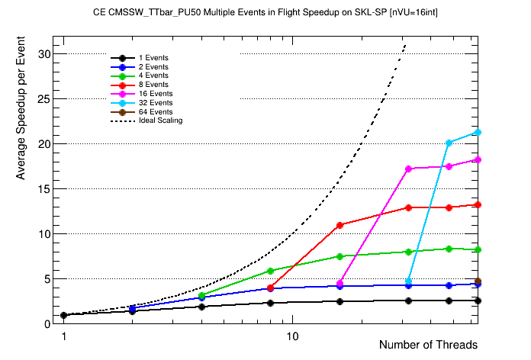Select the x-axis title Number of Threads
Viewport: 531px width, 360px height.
pyautogui.click(x=428, y=345)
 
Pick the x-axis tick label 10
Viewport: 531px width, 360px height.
pyautogui.click(x=292, y=336)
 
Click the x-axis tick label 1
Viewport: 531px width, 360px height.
pyautogui.click(x=64, y=336)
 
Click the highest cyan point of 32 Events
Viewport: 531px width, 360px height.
pyautogui.click(x=478, y=132)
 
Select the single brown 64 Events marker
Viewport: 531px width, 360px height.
pyautogui.click(x=478, y=281)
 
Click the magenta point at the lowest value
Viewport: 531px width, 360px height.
pyautogui.click(x=340, y=283)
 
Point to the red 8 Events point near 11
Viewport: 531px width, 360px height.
pyautogui.click(x=340, y=224)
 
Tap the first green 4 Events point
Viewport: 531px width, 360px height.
pyautogui.click(x=201, y=295)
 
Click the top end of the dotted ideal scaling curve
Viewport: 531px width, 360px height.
pyautogui.click(x=405, y=45)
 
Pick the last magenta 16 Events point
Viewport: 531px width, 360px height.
pyautogui.click(x=478, y=159)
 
